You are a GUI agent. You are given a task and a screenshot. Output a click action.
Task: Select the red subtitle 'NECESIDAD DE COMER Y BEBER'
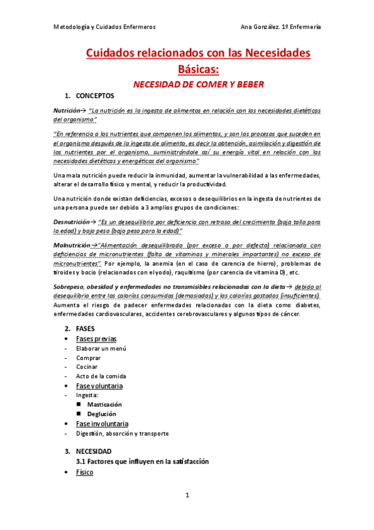point(197,83)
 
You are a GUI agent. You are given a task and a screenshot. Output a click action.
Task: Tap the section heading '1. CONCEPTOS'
point(89,96)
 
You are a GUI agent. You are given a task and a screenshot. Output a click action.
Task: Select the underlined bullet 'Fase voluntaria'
point(99,386)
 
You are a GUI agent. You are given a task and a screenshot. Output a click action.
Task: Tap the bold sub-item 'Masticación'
point(105,404)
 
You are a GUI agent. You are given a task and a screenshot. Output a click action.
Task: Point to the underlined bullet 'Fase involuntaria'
point(102,424)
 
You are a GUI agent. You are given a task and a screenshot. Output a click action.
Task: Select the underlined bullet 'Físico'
point(84,472)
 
